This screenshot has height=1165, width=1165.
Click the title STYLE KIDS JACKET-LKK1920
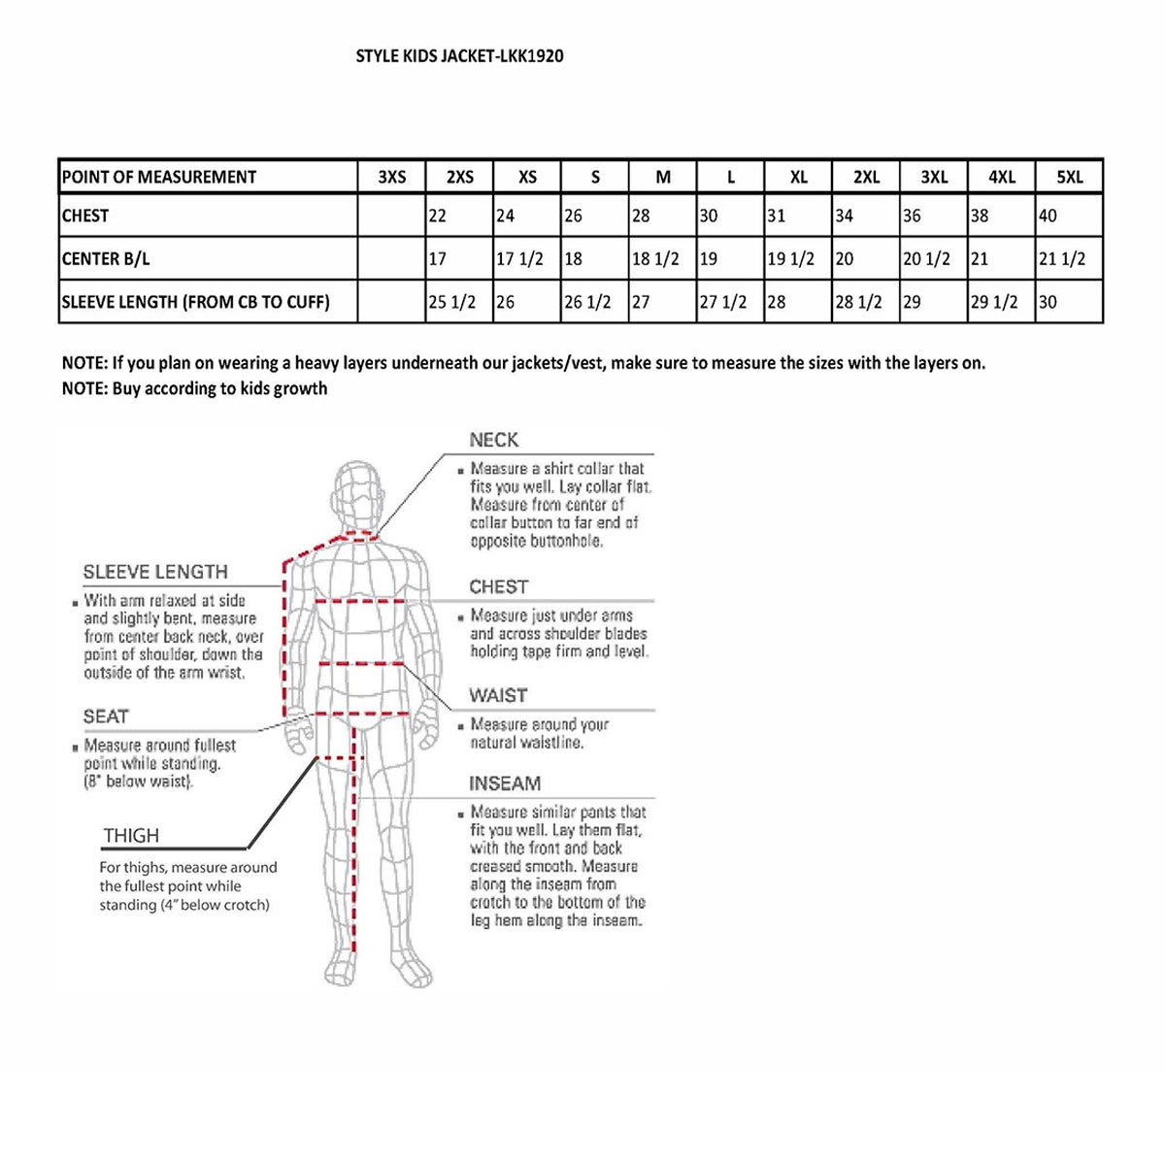[459, 56]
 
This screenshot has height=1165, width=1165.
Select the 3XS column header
[392, 177]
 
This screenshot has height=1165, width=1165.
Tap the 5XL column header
[1069, 177]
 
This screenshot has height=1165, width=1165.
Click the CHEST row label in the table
[85, 216]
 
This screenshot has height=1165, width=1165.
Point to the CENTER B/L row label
[106, 259]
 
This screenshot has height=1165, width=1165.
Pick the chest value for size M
[642, 216]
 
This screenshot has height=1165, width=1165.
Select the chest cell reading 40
[1048, 216]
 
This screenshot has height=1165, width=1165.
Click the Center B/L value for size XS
[519, 259]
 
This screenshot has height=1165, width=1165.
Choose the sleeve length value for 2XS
[452, 302]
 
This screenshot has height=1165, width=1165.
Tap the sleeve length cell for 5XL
[1048, 302]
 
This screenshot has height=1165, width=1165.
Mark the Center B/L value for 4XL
[980, 259]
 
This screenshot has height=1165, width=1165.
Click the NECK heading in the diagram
[494, 440]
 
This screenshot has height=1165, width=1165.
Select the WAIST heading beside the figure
[498, 696]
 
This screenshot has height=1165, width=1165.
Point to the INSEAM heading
[505, 783]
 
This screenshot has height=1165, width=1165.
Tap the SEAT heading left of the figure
[106, 716]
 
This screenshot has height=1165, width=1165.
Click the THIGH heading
[131, 836]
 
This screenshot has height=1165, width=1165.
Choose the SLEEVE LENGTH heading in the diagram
[155, 572]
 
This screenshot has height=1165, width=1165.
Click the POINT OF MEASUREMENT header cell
[159, 177]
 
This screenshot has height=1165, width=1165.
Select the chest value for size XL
[777, 216]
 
